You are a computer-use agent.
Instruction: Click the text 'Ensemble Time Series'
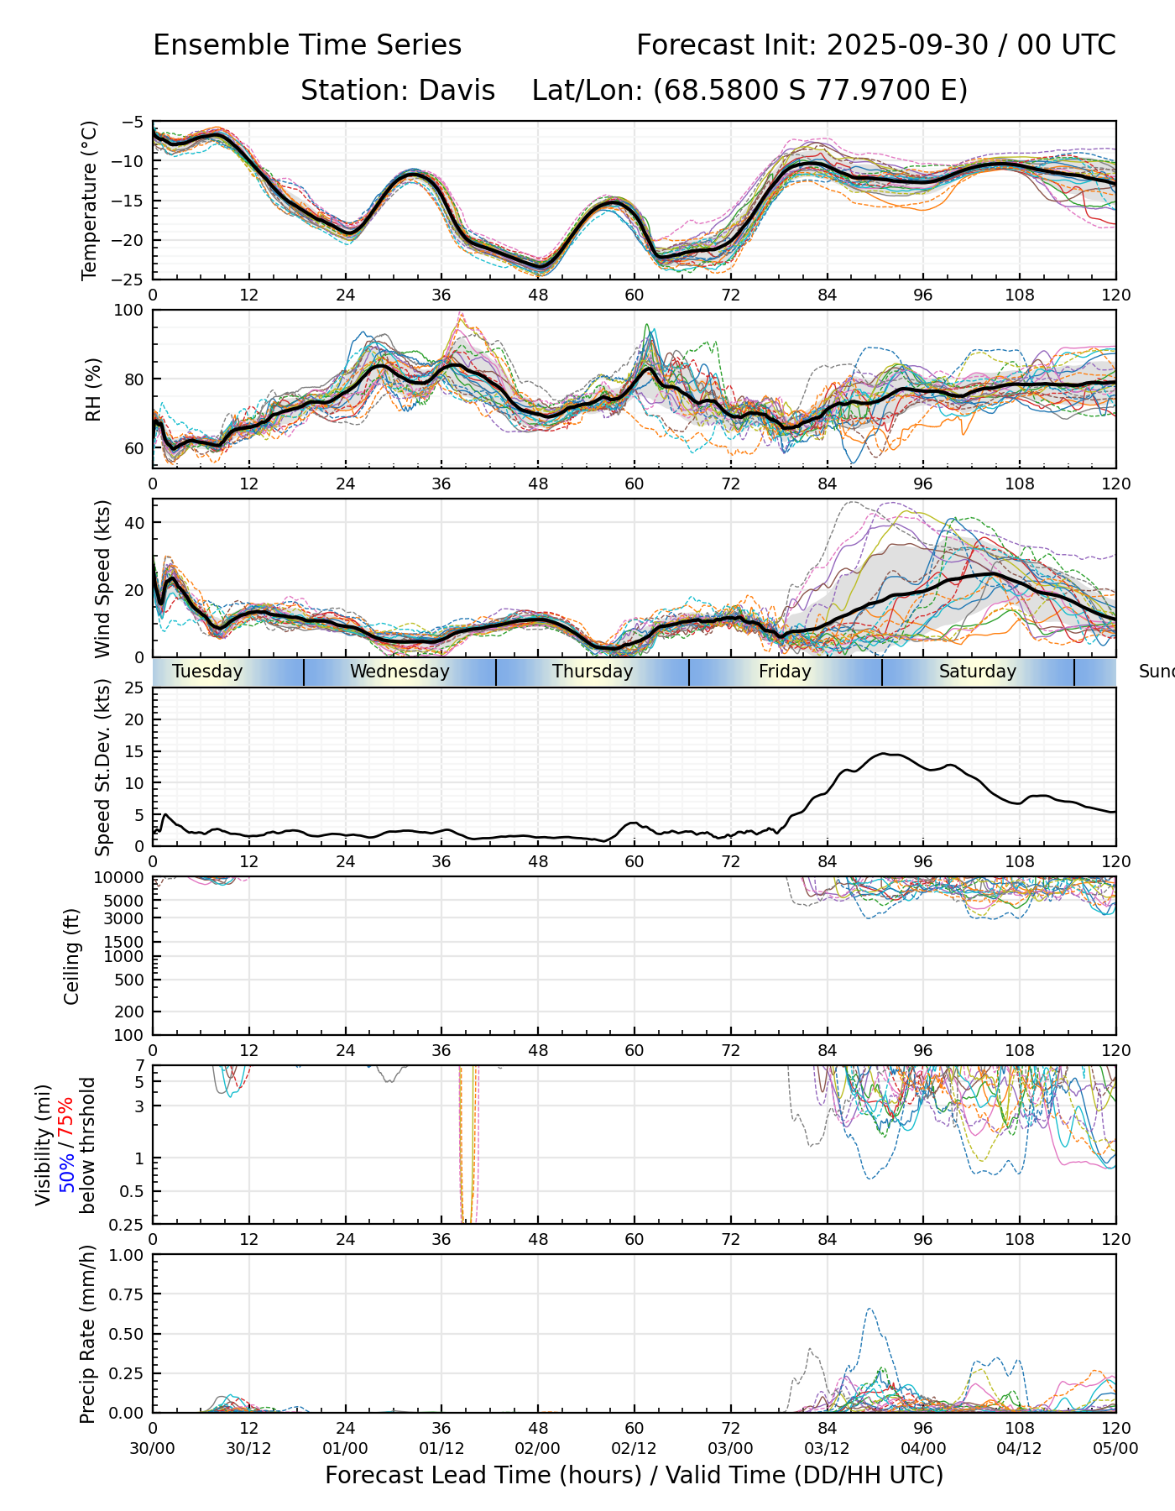[307, 45]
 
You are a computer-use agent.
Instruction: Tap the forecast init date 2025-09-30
[907, 45]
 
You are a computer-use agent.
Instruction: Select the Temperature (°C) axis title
[90, 200]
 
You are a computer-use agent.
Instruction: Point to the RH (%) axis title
[93, 389]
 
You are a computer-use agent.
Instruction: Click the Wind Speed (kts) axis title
[102, 578]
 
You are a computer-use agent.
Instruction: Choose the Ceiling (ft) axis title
[72, 955]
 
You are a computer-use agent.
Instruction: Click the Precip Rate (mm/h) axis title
[87, 1333]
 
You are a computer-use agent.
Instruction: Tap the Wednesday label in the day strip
[399, 672]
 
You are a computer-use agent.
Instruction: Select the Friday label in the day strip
[785, 672]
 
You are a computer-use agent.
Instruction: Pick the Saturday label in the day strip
[977, 672]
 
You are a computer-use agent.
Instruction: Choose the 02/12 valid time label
[634, 1448]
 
